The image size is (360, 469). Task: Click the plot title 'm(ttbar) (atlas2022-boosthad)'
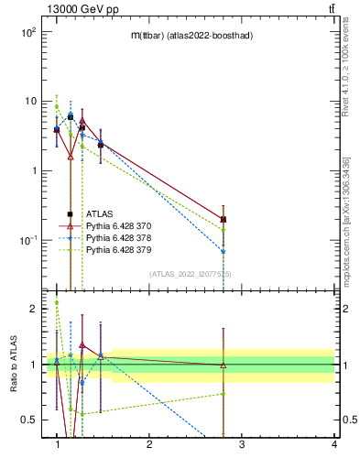192,35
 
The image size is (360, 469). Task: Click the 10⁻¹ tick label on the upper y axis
27,240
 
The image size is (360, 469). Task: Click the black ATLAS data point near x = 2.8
224,219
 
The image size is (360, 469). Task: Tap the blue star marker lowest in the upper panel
224,251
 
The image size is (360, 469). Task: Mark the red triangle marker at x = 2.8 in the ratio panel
224,365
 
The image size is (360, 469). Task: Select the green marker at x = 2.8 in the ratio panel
224,394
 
